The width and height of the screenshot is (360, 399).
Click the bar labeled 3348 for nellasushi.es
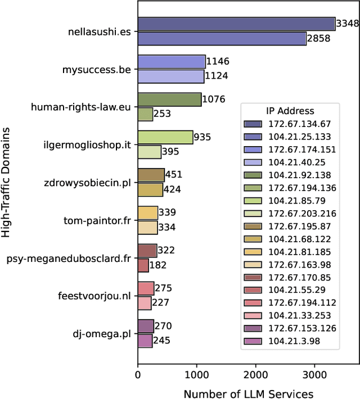click(x=236, y=24)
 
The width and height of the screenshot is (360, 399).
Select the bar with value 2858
click(x=222, y=38)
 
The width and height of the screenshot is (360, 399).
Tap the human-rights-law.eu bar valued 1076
click(x=169, y=99)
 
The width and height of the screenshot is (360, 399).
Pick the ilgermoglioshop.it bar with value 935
click(x=165, y=137)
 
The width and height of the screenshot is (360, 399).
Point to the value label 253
click(x=163, y=114)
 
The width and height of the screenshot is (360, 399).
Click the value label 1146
click(x=218, y=61)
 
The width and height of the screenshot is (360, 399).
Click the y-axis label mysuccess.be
click(x=97, y=69)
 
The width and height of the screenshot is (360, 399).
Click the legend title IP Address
click(x=290, y=111)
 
